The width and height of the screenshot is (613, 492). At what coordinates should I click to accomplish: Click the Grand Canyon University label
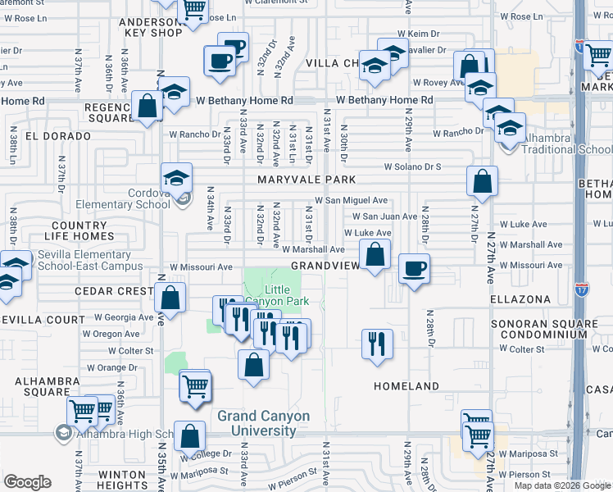(x=264, y=423)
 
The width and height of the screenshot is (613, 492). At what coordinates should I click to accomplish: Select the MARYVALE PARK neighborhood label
(x=306, y=180)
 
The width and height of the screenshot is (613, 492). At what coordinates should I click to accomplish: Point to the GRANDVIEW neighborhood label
(x=325, y=266)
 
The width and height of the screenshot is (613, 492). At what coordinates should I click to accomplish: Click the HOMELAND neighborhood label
(x=406, y=385)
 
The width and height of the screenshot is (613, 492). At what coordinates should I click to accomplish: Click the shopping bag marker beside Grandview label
(x=375, y=255)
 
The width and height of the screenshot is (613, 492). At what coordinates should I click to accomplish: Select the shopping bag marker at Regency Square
(x=148, y=107)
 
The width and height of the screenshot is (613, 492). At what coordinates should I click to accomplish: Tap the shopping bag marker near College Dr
(x=189, y=437)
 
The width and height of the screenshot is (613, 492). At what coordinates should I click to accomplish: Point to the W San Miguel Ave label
(x=352, y=200)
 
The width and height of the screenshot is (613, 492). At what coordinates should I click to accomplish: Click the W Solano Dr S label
(x=413, y=166)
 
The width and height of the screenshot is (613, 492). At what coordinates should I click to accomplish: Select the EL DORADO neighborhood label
(x=57, y=135)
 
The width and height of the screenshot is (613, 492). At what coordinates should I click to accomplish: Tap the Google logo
(x=27, y=482)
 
